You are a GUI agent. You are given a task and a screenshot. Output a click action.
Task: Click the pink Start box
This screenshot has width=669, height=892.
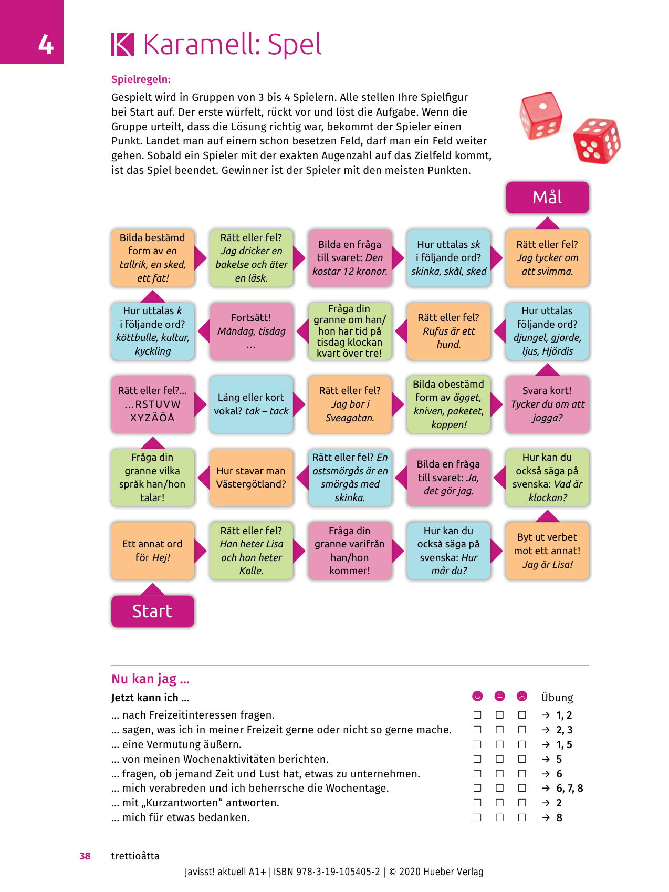(x=152, y=611)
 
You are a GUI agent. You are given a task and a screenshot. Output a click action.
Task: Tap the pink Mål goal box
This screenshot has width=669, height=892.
(x=547, y=198)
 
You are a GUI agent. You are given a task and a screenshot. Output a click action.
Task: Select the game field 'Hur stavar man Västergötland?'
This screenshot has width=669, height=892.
(x=251, y=478)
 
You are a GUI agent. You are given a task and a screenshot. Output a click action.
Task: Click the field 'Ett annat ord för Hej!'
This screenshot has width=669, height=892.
(x=152, y=551)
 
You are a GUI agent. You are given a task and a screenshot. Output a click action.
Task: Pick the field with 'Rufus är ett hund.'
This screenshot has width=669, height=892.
(x=448, y=331)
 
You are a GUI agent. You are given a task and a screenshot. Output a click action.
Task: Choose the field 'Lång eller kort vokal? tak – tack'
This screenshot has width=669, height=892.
(x=251, y=404)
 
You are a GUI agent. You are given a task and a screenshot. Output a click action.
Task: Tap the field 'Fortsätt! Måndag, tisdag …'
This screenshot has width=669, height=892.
(x=251, y=331)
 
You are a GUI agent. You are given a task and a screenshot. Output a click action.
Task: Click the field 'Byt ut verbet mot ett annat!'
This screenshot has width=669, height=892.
(x=547, y=551)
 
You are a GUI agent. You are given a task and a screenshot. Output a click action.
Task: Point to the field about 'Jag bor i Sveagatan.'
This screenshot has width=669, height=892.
(x=350, y=404)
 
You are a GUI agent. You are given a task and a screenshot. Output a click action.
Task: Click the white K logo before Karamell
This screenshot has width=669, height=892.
(x=122, y=45)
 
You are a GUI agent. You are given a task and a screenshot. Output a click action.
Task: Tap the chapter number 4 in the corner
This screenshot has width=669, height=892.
(x=46, y=45)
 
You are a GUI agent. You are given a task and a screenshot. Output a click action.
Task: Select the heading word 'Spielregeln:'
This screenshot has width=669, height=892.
(x=141, y=80)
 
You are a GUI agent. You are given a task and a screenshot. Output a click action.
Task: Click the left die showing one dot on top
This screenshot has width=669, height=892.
(x=540, y=116)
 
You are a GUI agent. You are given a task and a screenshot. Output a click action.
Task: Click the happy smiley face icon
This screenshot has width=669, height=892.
(x=477, y=696)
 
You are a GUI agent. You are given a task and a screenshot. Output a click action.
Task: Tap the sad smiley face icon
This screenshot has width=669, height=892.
(x=521, y=696)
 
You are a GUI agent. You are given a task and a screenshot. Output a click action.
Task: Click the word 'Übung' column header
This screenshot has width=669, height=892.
(x=557, y=698)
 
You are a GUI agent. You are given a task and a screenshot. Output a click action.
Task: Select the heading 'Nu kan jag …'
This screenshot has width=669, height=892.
(x=150, y=679)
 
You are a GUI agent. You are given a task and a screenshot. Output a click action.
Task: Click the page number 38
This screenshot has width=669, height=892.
(x=85, y=856)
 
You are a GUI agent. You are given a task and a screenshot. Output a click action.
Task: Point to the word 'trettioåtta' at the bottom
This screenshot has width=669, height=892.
(x=135, y=856)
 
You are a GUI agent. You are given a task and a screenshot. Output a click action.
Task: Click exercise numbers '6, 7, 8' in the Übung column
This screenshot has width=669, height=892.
(x=569, y=788)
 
